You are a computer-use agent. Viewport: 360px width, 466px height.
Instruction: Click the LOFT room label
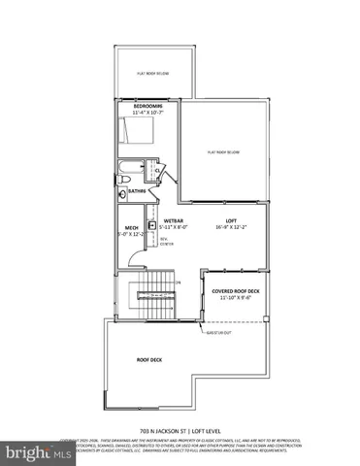click(232, 221)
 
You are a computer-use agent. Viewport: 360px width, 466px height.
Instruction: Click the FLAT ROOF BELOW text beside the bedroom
click(222, 152)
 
